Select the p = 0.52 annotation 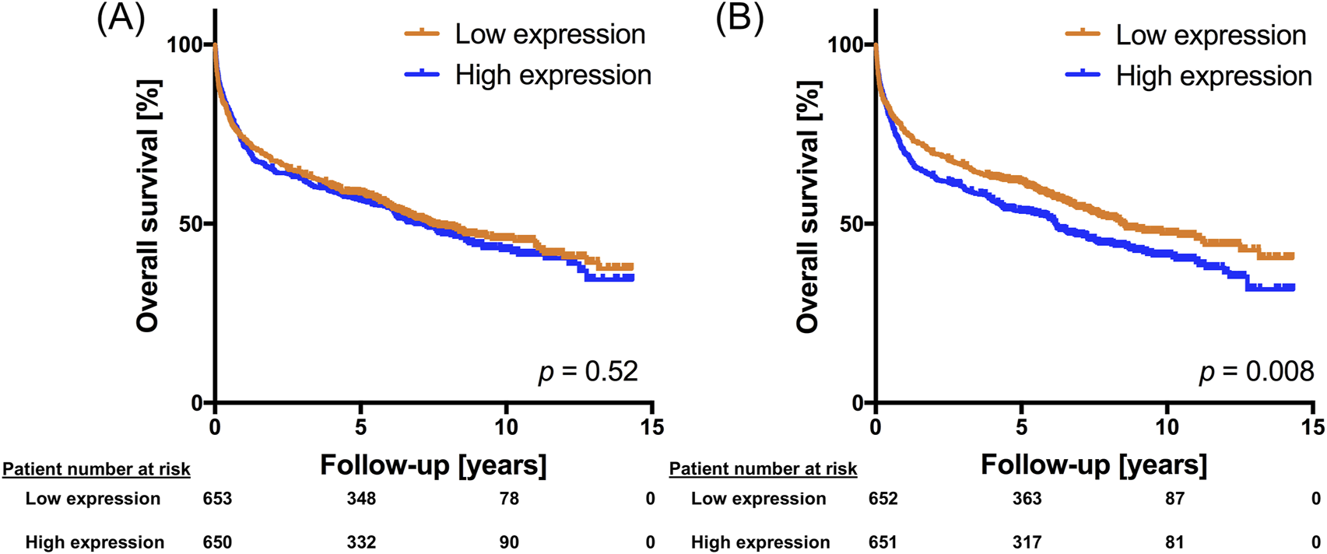point(588,372)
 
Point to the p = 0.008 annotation point(1256,372)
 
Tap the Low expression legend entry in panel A point(549,34)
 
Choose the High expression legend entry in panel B point(1213,75)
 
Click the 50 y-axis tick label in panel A point(190,224)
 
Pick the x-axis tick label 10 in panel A point(507,426)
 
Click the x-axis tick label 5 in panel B point(1021,426)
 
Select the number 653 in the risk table point(217,499)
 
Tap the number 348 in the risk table point(361,499)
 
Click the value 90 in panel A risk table point(509,542)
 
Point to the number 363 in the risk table point(1027,499)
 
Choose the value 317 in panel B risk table point(1027,542)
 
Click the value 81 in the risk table point(1174,542)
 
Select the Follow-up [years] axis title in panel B point(1094,465)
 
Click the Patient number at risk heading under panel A point(97,469)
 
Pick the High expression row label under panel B point(760,542)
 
